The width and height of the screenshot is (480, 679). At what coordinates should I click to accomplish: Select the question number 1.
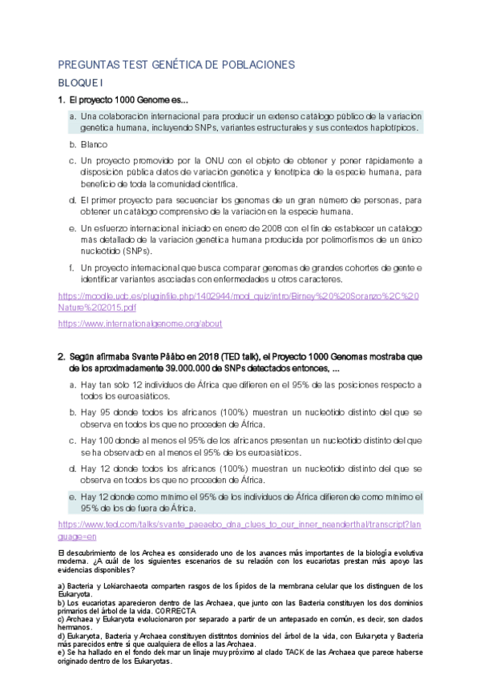point(61,100)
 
